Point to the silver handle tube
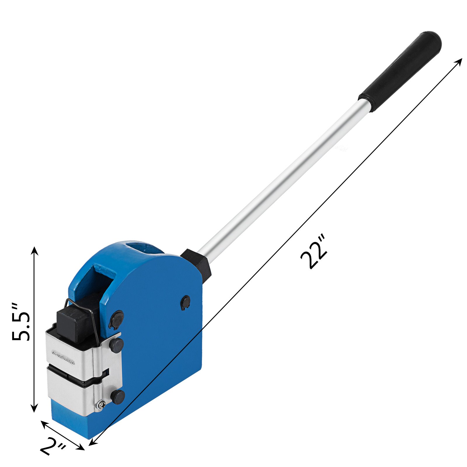(x=280, y=175)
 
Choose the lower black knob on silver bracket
(x=118, y=397)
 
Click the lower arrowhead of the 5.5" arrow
(x=35, y=409)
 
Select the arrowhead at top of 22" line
(x=459, y=60)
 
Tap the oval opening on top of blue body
(x=143, y=248)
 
